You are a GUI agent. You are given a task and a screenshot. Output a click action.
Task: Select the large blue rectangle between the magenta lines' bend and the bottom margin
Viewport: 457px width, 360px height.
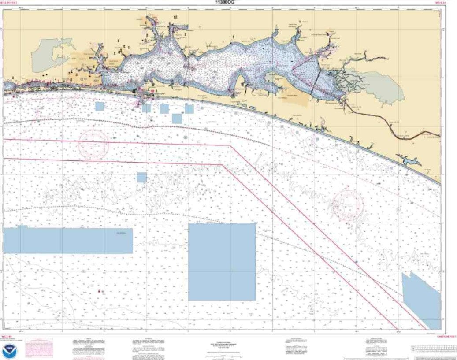coord(222,261)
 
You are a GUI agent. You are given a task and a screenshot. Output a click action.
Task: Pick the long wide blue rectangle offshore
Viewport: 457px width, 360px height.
coord(68,240)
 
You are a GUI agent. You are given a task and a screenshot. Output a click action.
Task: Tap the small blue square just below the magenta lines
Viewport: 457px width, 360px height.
coord(141,177)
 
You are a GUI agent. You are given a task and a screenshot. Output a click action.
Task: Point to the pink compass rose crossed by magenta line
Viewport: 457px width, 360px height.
coord(93,144)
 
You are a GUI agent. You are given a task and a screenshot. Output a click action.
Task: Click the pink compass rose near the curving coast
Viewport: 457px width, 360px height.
coord(347,204)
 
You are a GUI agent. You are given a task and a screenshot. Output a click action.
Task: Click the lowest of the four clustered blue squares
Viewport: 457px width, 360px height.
coord(177,119)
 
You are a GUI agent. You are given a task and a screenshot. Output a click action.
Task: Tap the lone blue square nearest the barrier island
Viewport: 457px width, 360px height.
coord(100,106)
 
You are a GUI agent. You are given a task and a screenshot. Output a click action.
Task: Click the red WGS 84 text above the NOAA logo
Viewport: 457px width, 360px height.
coord(7,337)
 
